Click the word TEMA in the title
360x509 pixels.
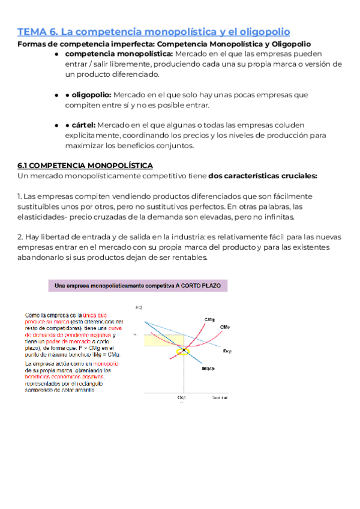(31, 31)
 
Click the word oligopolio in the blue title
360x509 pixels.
(261, 31)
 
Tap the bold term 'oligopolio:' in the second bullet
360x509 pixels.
(91, 95)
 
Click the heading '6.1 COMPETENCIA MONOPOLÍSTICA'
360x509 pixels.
(85, 165)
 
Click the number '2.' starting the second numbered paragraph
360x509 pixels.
(20, 236)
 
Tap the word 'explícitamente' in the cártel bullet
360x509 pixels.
(91, 135)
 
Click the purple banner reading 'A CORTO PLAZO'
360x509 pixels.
(138, 287)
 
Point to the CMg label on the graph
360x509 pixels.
(210, 319)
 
